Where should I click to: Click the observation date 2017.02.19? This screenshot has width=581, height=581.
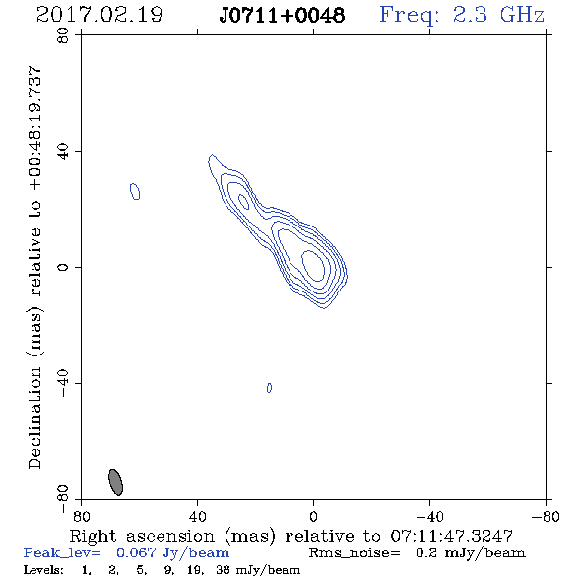pyautogui.click(x=99, y=15)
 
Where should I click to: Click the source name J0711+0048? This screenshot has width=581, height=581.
pyautogui.click(x=282, y=16)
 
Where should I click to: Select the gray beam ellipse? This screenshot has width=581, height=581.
pyautogui.click(x=115, y=483)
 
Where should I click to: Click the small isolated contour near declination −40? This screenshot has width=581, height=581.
pyautogui.click(x=270, y=388)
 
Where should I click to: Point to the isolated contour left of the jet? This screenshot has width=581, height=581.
pyautogui.click(x=135, y=192)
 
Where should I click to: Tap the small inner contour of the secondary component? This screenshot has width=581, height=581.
pyautogui.click(x=243, y=201)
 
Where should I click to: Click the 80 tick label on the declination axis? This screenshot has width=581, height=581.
pyautogui.click(x=63, y=35)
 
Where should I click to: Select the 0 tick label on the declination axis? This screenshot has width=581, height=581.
pyautogui.click(x=63, y=267)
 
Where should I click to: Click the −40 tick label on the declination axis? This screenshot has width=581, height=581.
pyautogui.click(x=63, y=383)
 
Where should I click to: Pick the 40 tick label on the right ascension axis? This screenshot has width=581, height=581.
pyautogui.click(x=197, y=517)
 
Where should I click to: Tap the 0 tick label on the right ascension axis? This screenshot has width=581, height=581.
pyautogui.click(x=313, y=517)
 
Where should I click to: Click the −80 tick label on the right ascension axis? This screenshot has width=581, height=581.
pyautogui.click(x=546, y=517)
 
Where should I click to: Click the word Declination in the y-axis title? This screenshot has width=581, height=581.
pyautogui.click(x=34, y=418)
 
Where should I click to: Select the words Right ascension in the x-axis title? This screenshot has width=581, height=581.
pyautogui.click(x=142, y=536)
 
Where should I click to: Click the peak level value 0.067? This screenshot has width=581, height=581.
pyautogui.click(x=136, y=552)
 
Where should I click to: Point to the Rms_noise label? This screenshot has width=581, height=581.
pyautogui.click(x=355, y=553)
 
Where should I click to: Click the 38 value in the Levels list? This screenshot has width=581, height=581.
pyautogui.click(x=223, y=569)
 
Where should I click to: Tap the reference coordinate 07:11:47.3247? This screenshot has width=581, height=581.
pyautogui.click(x=451, y=536)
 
